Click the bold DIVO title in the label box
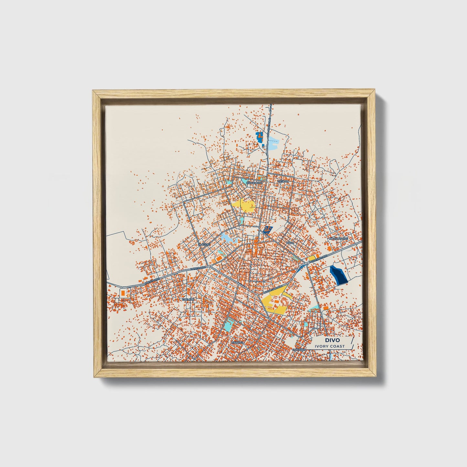pos(330,340)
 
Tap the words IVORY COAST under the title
pos(330,346)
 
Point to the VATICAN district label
pos(282,182)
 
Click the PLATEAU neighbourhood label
pos(204,245)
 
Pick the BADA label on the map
pos(290,242)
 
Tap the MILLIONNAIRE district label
pos(338,239)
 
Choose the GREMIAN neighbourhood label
pos(188,300)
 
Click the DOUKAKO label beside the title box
pos(299,350)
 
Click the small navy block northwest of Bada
pos(268,229)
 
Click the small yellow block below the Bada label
pos(312,258)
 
